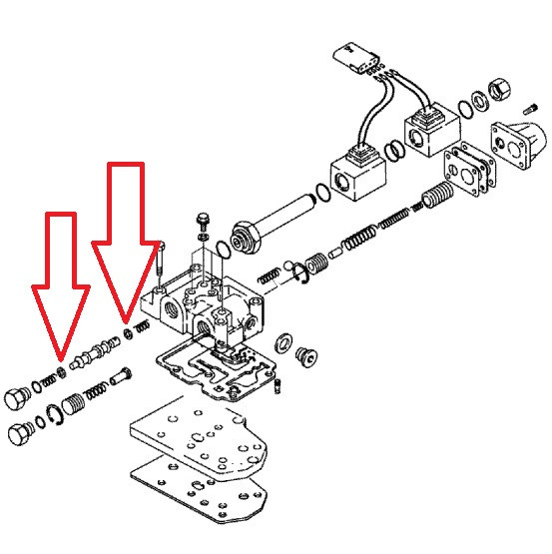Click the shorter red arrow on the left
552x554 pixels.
[x=60, y=289]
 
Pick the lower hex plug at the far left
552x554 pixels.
[x=19, y=435]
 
